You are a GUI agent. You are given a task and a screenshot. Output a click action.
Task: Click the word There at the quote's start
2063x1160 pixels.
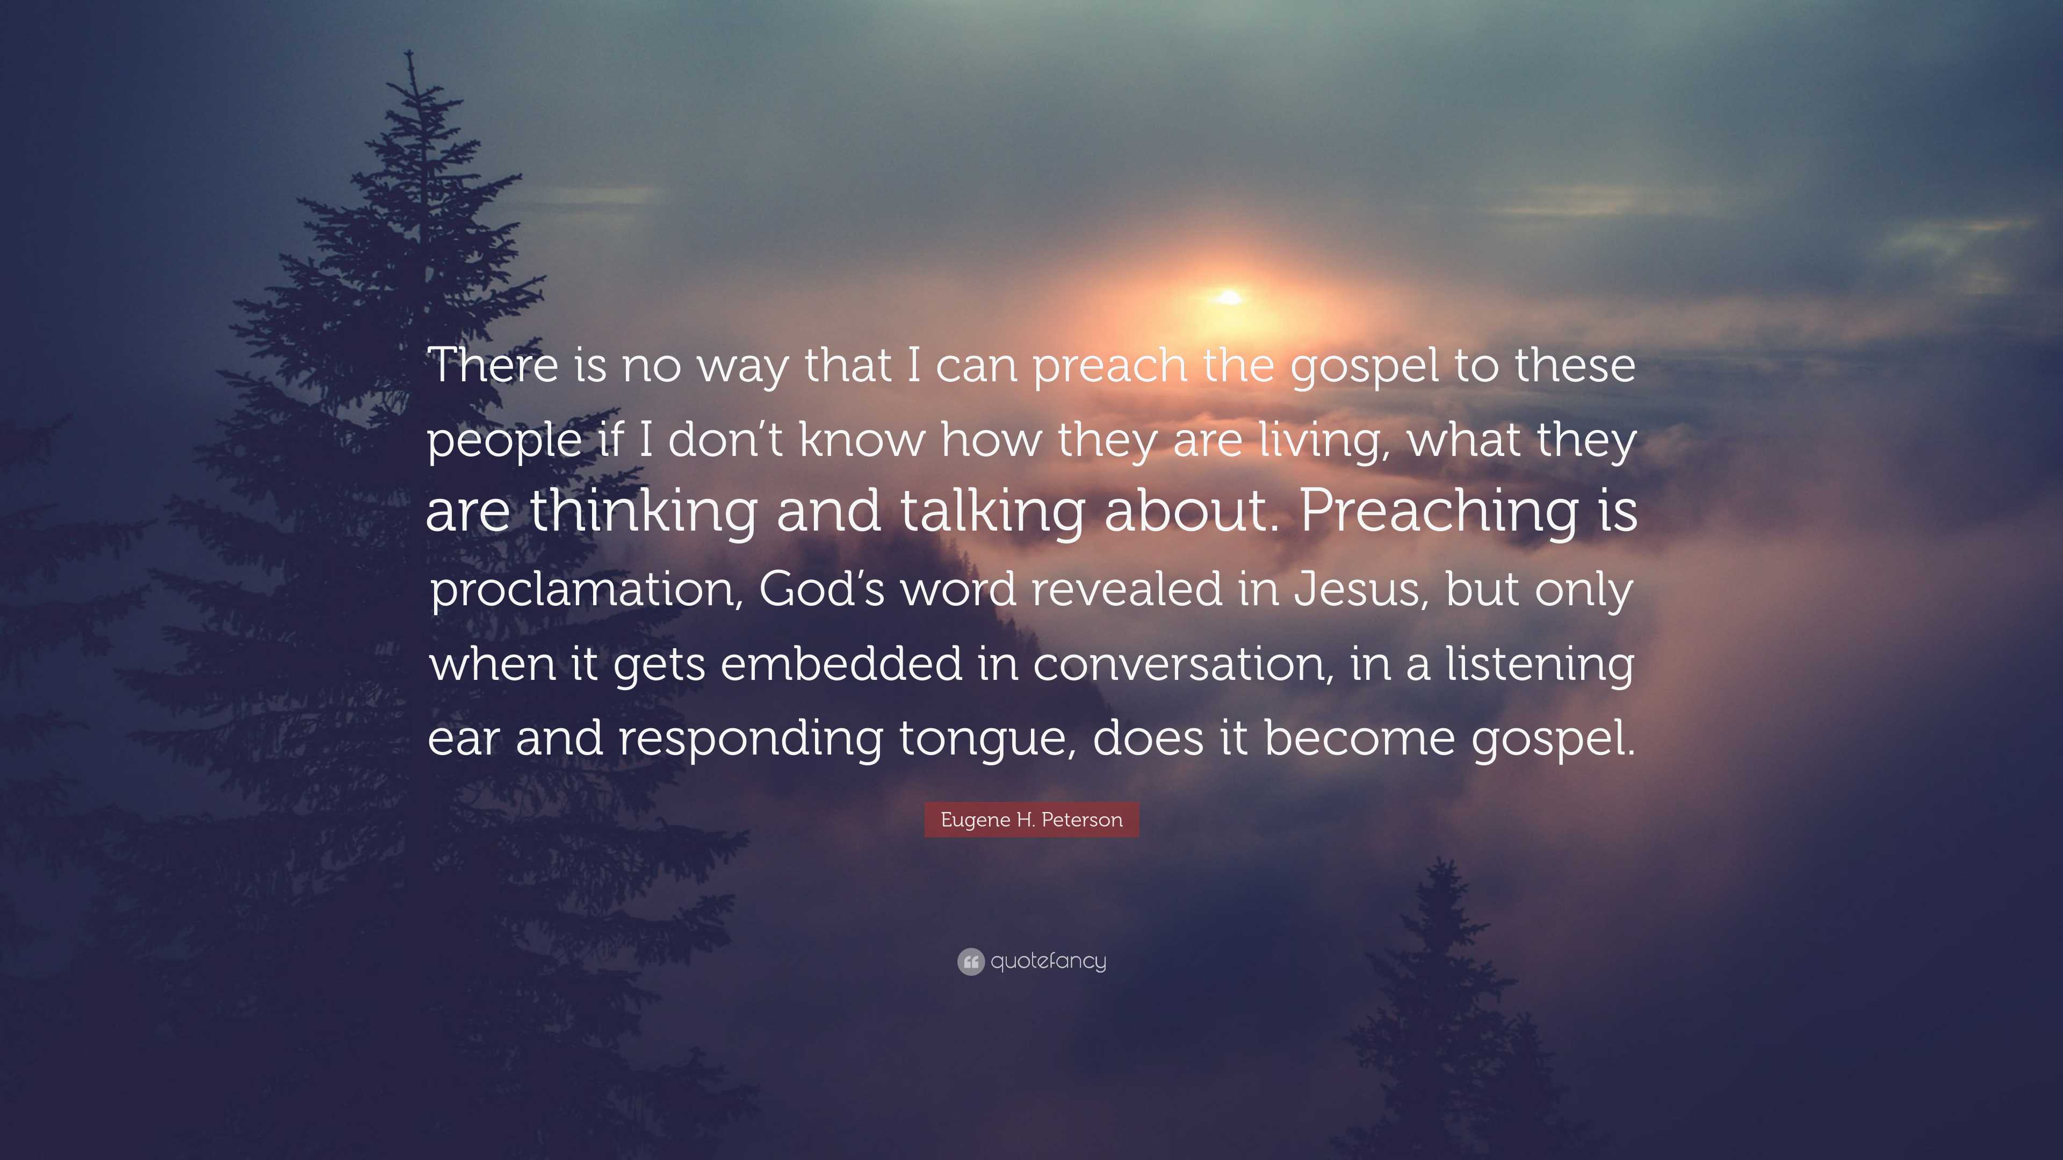click(x=493, y=365)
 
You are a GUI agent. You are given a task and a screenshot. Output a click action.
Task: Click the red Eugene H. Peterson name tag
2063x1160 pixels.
click(x=1031, y=820)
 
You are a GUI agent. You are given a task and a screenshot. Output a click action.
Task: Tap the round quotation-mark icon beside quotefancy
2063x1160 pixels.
click(x=971, y=961)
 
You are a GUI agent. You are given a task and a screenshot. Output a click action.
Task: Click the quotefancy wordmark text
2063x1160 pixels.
click(x=1048, y=961)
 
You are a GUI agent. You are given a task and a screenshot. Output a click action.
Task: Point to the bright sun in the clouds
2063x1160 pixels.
click(x=1229, y=298)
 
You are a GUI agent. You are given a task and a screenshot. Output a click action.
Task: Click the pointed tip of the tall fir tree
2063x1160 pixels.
click(x=410, y=51)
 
